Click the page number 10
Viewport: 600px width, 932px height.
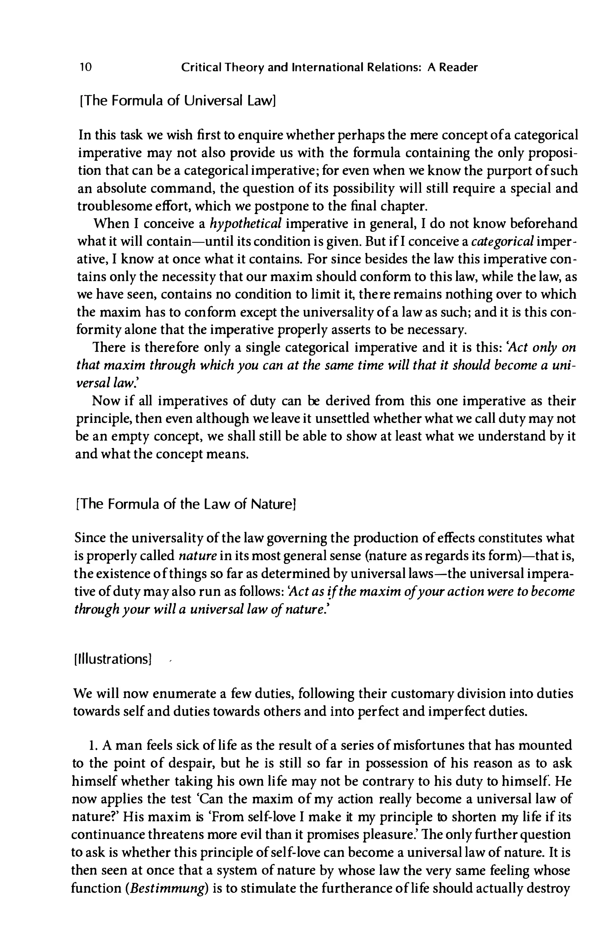pos(85,68)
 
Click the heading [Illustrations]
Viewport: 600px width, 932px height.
pos(112,659)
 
